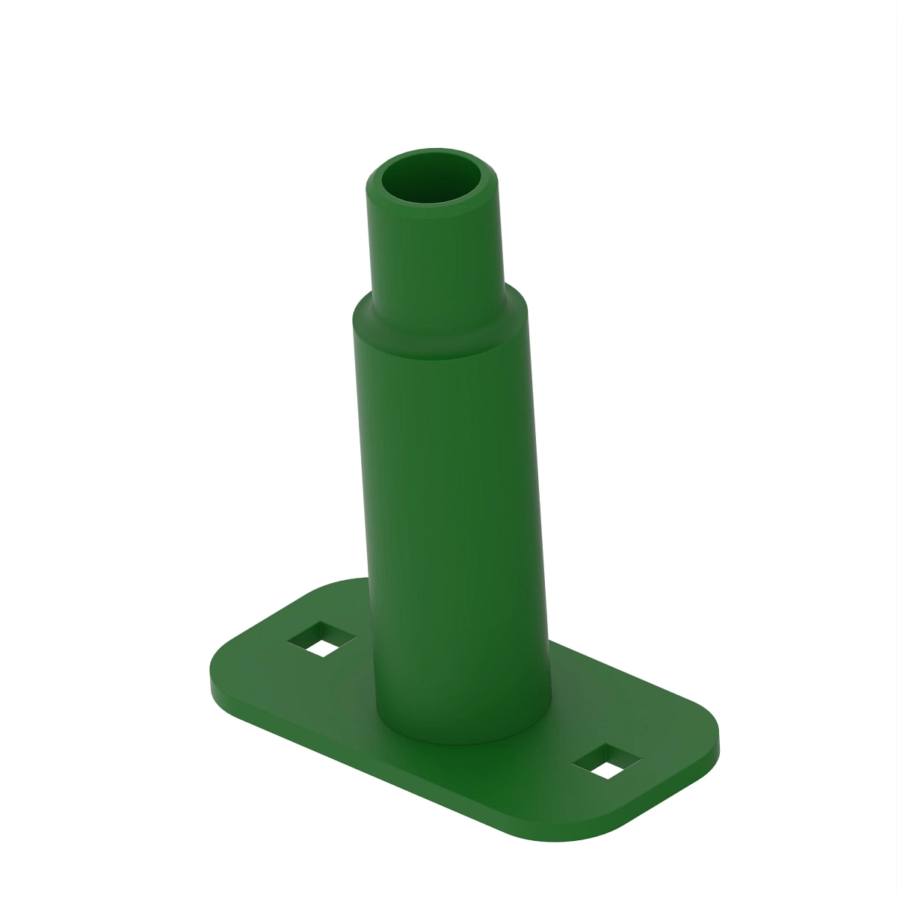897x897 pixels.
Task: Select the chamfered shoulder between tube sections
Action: [441, 318]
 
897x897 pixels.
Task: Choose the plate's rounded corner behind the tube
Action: [344, 582]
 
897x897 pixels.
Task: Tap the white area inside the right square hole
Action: [608, 768]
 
